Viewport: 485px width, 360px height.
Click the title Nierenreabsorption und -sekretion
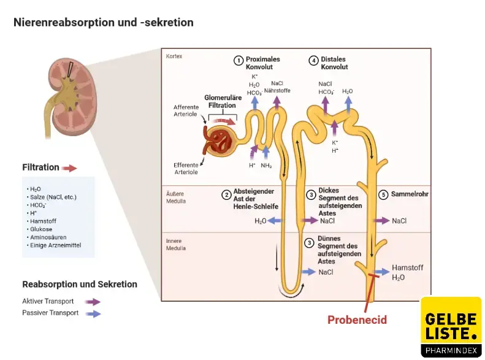pyautogui.click(x=104, y=23)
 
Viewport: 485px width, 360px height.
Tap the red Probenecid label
pyautogui.click(x=357, y=320)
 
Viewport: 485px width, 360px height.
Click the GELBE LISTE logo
pyautogui.click(x=451, y=326)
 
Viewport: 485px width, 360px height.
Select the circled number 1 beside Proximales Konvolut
pyautogui.click(x=238, y=60)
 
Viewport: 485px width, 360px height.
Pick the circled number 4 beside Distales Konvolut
pyautogui.click(x=313, y=60)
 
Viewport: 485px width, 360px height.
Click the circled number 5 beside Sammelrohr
pyautogui.click(x=383, y=195)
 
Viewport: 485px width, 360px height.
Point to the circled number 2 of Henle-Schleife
pyautogui.click(x=226, y=195)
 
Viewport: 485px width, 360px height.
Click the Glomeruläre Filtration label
pyautogui.click(x=221, y=101)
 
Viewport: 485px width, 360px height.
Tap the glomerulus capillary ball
pyautogui.click(x=220, y=140)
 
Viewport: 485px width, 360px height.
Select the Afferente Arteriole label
pyautogui.click(x=186, y=110)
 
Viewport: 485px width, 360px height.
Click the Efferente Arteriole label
pyautogui.click(x=186, y=168)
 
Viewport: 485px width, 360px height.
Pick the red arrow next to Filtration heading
pyautogui.click(x=69, y=167)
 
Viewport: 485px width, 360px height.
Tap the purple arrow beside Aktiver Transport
pyautogui.click(x=93, y=302)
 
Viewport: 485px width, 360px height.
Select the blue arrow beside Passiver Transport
pyautogui.click(x=93, y=313)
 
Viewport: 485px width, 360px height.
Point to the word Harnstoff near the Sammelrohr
pyautogui.click(x=407, y=268)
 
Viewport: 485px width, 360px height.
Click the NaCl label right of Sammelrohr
pyautogui.click(x=399, y=221)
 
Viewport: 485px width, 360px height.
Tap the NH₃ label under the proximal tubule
pyautogui.click(x=266, y=166)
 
